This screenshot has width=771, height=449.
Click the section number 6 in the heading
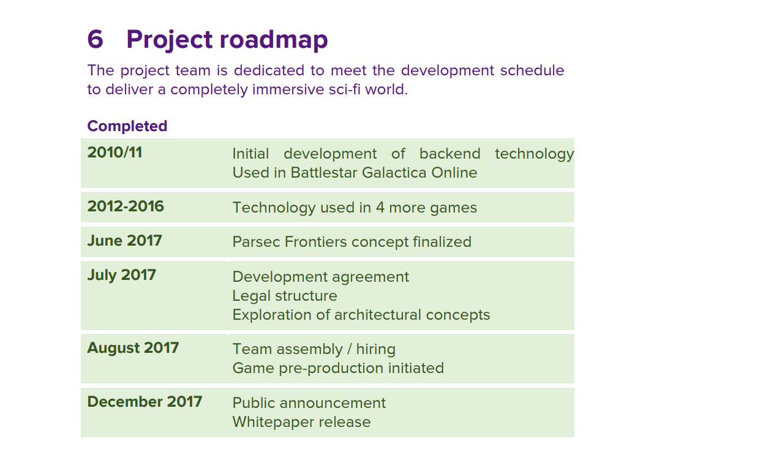96,39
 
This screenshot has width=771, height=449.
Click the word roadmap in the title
274,40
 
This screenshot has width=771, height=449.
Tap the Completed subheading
127,126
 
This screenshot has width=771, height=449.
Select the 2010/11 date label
115,153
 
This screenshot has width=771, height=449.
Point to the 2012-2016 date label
126,206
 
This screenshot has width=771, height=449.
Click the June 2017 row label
124,241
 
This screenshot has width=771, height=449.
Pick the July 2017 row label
121,276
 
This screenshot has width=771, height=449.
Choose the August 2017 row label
133,348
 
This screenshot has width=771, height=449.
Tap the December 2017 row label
145,401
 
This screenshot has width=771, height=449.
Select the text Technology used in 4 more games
355,208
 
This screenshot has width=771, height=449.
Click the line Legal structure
285,296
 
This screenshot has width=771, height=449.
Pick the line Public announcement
309,403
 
